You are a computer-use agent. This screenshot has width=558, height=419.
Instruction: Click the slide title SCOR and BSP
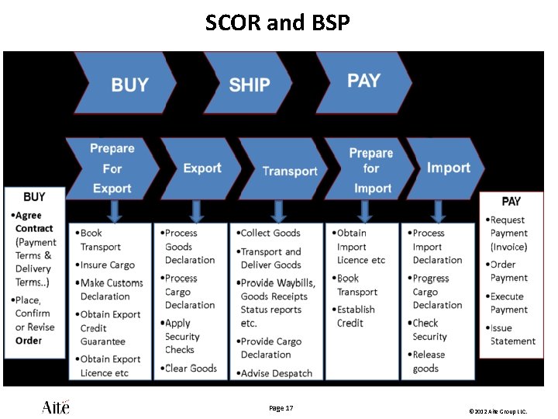(277, 23)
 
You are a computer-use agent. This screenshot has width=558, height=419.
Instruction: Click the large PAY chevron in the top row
(363, 81)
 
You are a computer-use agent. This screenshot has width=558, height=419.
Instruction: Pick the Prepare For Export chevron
(112, 168)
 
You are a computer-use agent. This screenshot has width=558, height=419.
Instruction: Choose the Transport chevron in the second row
(287, 171)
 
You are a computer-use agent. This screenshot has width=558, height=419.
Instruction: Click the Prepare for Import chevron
(370, 171)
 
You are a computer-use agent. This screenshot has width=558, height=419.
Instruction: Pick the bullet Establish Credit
(356, 316)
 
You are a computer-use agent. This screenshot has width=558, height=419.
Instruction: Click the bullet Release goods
(429, 362)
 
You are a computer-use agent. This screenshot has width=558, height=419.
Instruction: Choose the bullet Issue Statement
(511, 334)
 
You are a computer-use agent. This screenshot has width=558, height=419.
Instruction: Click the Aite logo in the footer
(56, 407)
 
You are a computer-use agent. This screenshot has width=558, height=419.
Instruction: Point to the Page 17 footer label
(281, 408)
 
